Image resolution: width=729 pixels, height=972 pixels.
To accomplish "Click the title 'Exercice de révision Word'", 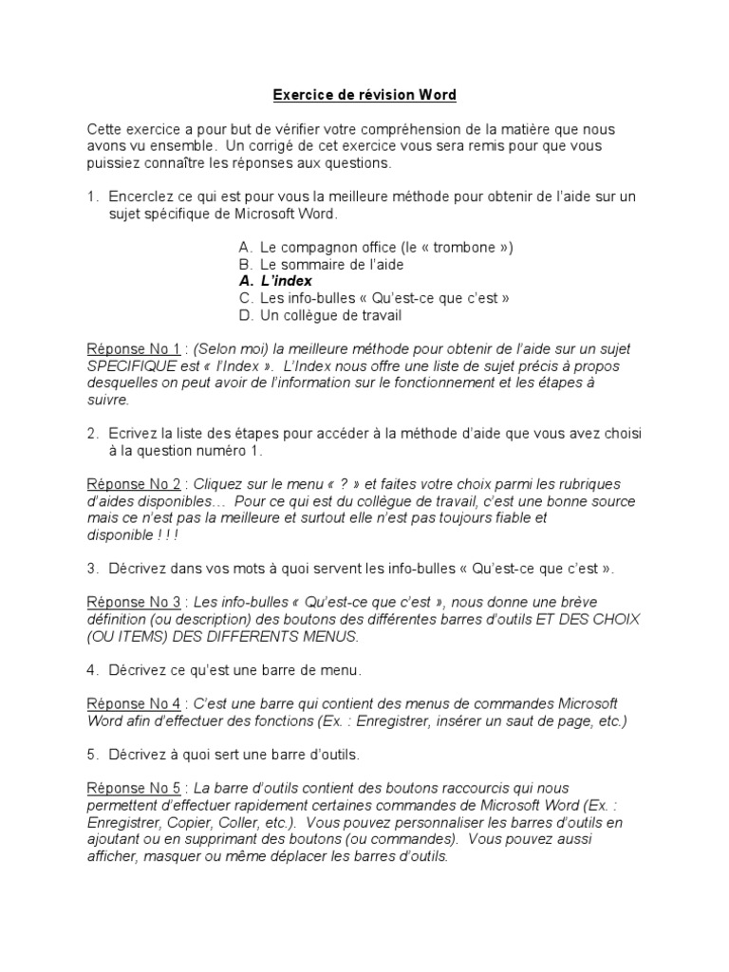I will [364, 95].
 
